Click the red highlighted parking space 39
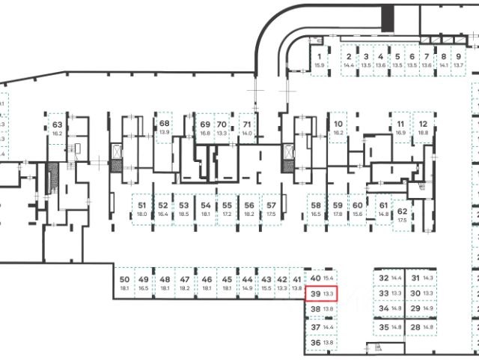321,294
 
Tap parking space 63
57,129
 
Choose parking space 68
165,127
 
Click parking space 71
246,127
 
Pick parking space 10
338,127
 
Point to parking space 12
423,127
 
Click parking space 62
402,214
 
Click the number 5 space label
398,56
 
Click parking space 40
321,278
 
